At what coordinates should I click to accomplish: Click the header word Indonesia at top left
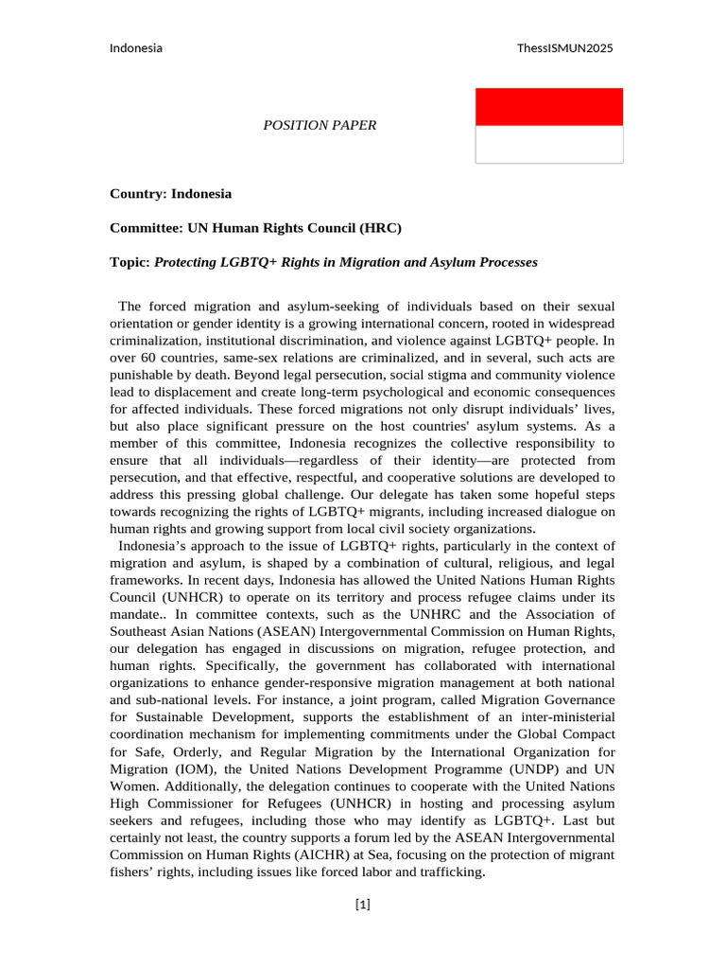point(136,48)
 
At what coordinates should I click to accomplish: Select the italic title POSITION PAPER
point(320,125)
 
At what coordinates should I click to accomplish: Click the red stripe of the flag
point(548,107)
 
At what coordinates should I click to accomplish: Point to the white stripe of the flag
point(548,145)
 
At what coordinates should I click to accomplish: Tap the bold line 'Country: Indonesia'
point(170,194)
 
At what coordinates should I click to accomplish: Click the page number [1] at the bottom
point(363,906)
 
